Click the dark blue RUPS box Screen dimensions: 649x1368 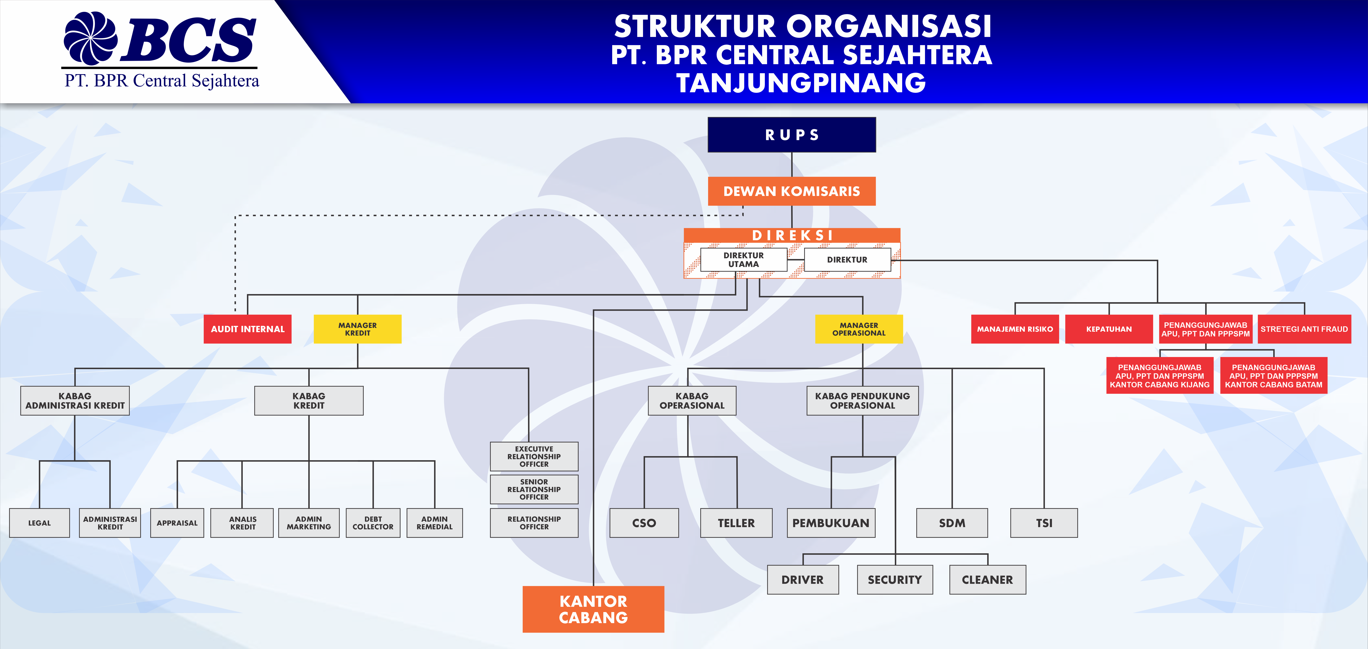pos(791,135)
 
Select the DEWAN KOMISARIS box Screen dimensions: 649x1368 pos(791,191)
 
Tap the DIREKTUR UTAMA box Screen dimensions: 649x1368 pos(744,259)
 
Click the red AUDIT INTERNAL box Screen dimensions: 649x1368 pos(247,329)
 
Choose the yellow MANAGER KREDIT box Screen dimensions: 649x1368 pos(357,329)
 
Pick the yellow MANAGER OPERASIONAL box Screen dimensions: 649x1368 pos(859,329)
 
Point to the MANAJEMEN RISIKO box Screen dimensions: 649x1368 pos(1015,329)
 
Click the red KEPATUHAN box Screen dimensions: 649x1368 pos(1109,329)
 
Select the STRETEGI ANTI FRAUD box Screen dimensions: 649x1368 pos(1304,329)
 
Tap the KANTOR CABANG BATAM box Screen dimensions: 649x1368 pos(1273,376)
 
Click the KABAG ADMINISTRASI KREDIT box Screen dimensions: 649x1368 pos(75,401)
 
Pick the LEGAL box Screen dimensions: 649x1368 pos(39,523)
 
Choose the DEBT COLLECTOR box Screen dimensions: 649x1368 pos(373,523)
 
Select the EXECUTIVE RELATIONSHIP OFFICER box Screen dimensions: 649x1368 pos(534,456)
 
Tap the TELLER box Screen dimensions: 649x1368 pos(736,523)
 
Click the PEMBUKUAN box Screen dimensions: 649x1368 pos(831,523)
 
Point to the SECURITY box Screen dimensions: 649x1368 pos(895,580)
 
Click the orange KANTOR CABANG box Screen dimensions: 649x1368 pos(593,609)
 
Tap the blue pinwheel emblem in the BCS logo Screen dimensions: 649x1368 pos(90,38)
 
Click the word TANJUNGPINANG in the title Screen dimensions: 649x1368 pos(801,83)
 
